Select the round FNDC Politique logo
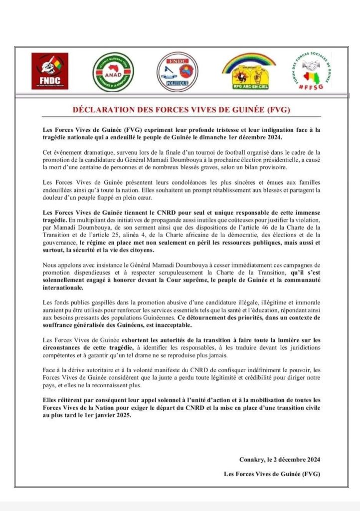click(178, 71)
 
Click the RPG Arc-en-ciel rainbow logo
click(248, 71)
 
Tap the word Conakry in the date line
click(251, 459)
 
